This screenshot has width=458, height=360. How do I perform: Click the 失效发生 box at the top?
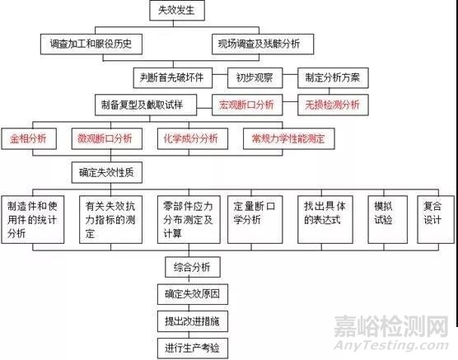(x=177, y=11)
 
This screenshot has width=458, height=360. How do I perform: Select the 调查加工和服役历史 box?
(x=91, y=44)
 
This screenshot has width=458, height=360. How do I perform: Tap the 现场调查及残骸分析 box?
(x=263, y=44)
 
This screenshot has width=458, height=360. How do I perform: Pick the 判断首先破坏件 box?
(x=173, y=78)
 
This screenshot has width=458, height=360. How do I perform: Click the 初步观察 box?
(x=255, y=78)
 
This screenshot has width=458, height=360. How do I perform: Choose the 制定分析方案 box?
(x=333, y=78)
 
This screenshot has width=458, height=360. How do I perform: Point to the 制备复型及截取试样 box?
(x=146, y=105)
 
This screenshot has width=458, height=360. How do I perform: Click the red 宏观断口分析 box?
(x=247, y=105)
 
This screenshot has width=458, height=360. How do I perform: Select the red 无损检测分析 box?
(x=333, y=105)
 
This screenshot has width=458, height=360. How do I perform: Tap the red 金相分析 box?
(x=29, y=138)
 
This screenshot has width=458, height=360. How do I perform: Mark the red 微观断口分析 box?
(x=107, y=138)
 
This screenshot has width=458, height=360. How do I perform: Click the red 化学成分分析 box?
(x=193, y=138)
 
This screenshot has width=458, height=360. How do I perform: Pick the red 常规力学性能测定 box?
(x=289, y=138)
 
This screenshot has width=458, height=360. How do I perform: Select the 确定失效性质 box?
(x=107, y=173)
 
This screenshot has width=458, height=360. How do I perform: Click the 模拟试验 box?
(x=388, y=219)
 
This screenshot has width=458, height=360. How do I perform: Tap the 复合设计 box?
(x=436, y=219)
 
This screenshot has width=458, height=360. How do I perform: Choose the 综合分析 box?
(x=193, y=267)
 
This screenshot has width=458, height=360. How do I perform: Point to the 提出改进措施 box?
(x=193, y=321)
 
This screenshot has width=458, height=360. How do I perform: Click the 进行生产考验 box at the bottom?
(x=193, y=348)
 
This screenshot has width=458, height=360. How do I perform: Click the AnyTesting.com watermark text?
(x=391, y=345)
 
